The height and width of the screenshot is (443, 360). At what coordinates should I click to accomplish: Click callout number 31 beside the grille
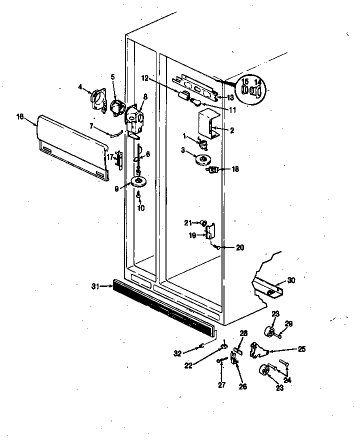click(x=95, y=286)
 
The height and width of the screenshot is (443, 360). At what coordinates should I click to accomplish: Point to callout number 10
click(x=140, y=208)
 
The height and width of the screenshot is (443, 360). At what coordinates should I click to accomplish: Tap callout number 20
click(x=239, y=247)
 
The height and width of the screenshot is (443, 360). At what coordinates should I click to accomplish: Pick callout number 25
click(x=301, y=349)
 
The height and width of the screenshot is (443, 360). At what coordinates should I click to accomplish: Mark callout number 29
click(x=288, y=324)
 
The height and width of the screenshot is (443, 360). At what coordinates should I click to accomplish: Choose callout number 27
click(x=221, y=384)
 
